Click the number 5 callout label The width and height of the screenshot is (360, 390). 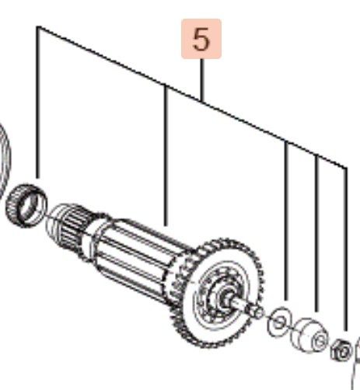201,39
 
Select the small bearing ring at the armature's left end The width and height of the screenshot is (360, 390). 26,205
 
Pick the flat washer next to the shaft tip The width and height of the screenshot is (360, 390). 279,322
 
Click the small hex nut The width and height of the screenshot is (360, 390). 341,350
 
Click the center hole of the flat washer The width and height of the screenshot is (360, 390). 279,322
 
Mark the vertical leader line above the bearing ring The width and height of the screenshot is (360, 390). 38,103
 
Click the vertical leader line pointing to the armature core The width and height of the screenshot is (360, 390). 166,155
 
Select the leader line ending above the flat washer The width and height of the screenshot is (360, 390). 286,221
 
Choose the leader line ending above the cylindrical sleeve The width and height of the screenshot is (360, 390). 316,233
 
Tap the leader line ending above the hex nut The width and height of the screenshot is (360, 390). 346,249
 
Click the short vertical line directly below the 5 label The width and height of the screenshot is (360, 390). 202,80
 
